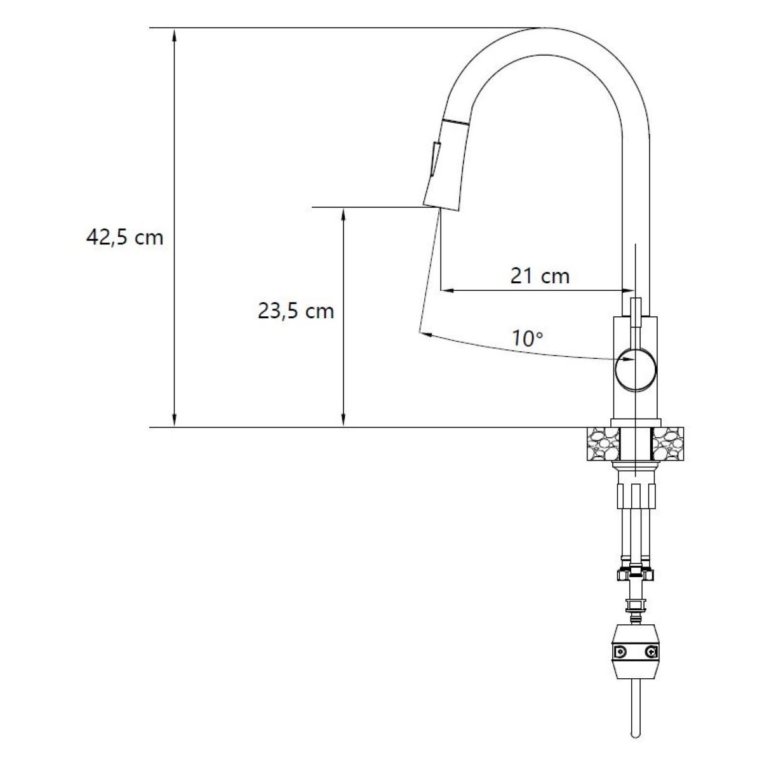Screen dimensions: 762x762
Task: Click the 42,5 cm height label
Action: pyautogui.click(x=124, y=237)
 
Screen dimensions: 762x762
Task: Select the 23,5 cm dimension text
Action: pyautogui.click(x=296, y=311)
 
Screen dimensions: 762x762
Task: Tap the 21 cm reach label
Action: pyautogui.click(x=540, y=276)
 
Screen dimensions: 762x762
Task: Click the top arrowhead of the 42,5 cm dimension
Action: pyautogui.click(x=175, y=34)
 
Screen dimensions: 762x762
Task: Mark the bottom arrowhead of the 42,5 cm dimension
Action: pyautogui.click(x=175, y=420)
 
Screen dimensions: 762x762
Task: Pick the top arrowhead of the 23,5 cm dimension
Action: pyautogui.click(x=344, y=214)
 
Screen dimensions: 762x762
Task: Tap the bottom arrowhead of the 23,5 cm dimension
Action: pyautogui.click(x=344, y=420)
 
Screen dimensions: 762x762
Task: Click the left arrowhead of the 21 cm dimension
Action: pyautogui.click(x=447, y=291)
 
